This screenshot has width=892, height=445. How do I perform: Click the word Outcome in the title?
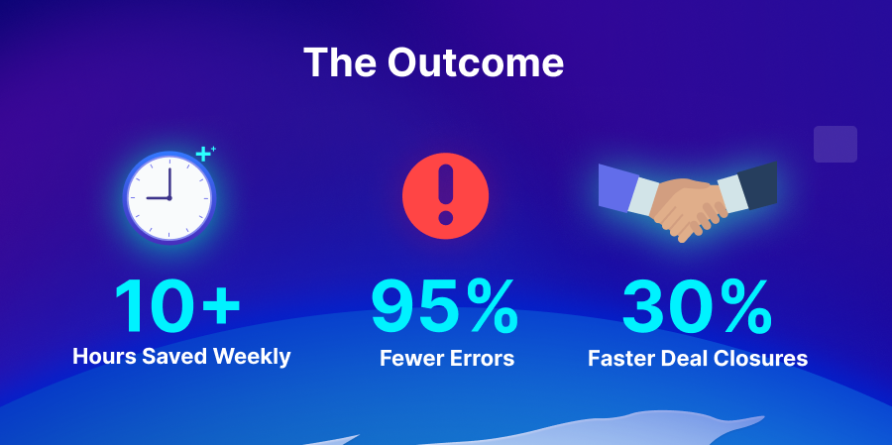pyautogui.click(x=476, y=62)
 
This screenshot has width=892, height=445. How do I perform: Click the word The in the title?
pyautogui.click(x=340, y=62)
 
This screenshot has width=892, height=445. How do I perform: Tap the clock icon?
pyautogui.click(x=169, y=197)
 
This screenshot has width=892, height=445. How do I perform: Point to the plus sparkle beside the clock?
pyautogui.click(x=204, y=153)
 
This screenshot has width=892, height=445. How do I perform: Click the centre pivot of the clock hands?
pyautogui.click(x=168, y=198)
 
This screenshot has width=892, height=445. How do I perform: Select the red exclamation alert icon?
pyautogui.click(x=445, y=196)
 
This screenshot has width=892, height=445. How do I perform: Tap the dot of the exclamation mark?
pyautogui.click(x=445, y=218)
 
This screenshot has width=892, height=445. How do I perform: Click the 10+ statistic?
pyautogui.click(x=177, y=306)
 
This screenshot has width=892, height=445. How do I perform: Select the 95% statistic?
pyautogui.click(x=445, y=306)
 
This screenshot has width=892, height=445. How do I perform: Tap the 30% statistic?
pyautogui.click(x=698, y=306)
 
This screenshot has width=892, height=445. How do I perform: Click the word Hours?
pyautogui.click(x=104, y=356)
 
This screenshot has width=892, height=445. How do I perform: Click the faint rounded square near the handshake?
pyautogui.click(x=836, y=144)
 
